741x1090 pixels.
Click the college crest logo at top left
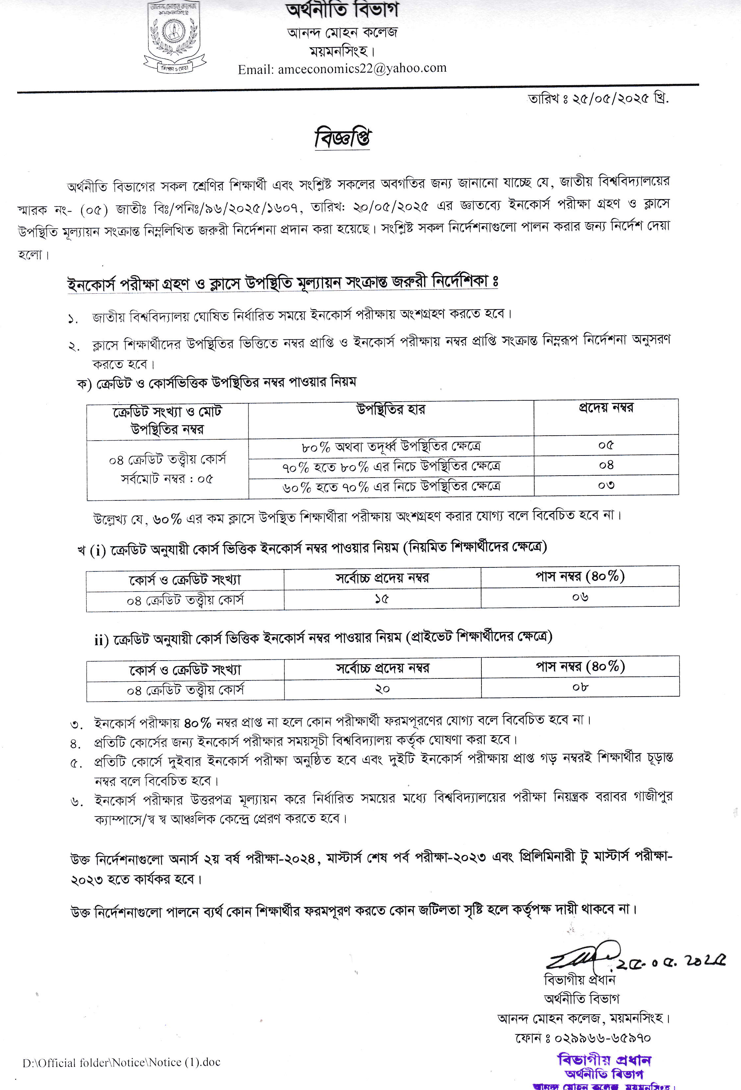click(174, 38)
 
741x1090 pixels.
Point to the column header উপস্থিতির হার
click(391, 410)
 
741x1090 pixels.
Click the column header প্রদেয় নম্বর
click(606, 408)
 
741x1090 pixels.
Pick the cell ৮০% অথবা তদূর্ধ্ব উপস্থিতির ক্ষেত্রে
click(391, 446)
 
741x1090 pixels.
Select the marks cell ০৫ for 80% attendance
click(606, 445)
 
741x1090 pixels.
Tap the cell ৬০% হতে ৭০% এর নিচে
click(391, 487)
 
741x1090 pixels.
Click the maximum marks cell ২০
click(382, 689)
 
